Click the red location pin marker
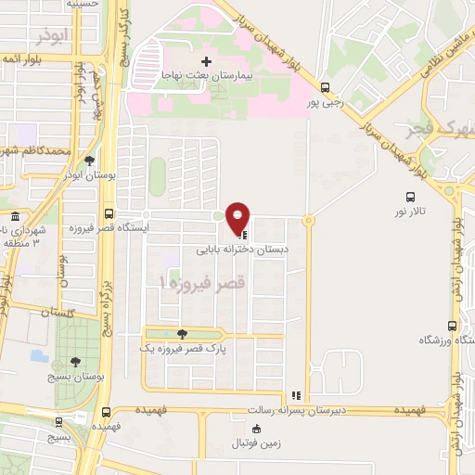(238, 218)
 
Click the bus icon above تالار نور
(410, 197)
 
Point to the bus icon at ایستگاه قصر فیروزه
(109, 213)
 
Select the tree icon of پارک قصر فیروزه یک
(182, 333)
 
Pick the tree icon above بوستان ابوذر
(89, 160)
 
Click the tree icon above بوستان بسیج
(75, 363)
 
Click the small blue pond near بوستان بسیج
(39, 354)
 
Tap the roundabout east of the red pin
(308, 220)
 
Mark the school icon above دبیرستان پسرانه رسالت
(296, 394)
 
